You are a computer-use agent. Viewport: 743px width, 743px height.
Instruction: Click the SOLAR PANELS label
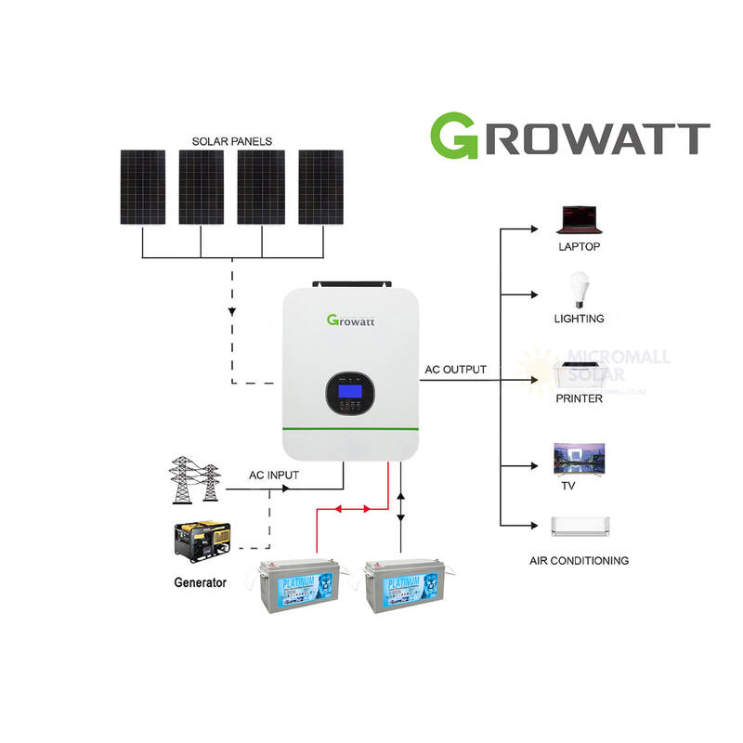[232, 141]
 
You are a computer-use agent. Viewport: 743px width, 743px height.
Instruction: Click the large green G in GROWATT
[454, 136]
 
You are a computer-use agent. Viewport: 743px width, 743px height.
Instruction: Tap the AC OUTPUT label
[455, 370]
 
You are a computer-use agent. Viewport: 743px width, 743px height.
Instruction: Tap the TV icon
[580, 457]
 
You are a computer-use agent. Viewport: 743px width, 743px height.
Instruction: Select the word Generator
[200, 583]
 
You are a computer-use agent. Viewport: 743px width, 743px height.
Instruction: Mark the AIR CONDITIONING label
[579, 561]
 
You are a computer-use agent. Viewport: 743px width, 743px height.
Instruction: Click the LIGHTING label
[580, 319]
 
